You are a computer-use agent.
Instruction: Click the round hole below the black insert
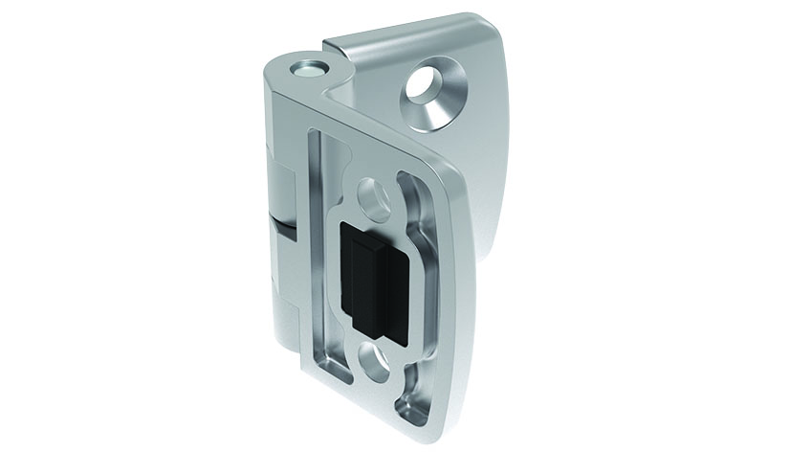click(375, 359)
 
